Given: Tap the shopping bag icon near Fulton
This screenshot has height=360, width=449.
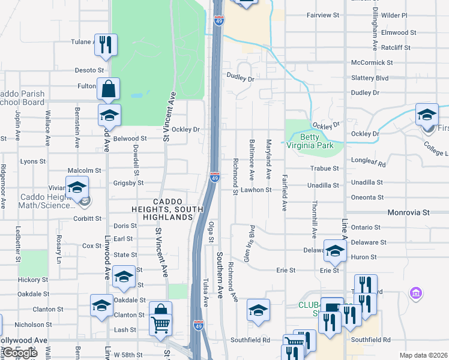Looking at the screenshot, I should coord(108,89).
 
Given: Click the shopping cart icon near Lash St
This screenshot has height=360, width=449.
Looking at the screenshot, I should coord(160,325).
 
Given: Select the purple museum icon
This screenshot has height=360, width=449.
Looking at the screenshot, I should coord(415,294).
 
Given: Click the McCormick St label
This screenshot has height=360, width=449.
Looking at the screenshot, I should coord(372,62).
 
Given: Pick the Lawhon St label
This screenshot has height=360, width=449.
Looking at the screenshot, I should coord(257,190).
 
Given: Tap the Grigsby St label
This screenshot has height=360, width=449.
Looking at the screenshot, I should coord(128,183).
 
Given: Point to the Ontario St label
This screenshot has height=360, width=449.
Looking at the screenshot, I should coord(366,227).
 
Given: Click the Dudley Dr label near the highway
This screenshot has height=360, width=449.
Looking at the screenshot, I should coord(241,79).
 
